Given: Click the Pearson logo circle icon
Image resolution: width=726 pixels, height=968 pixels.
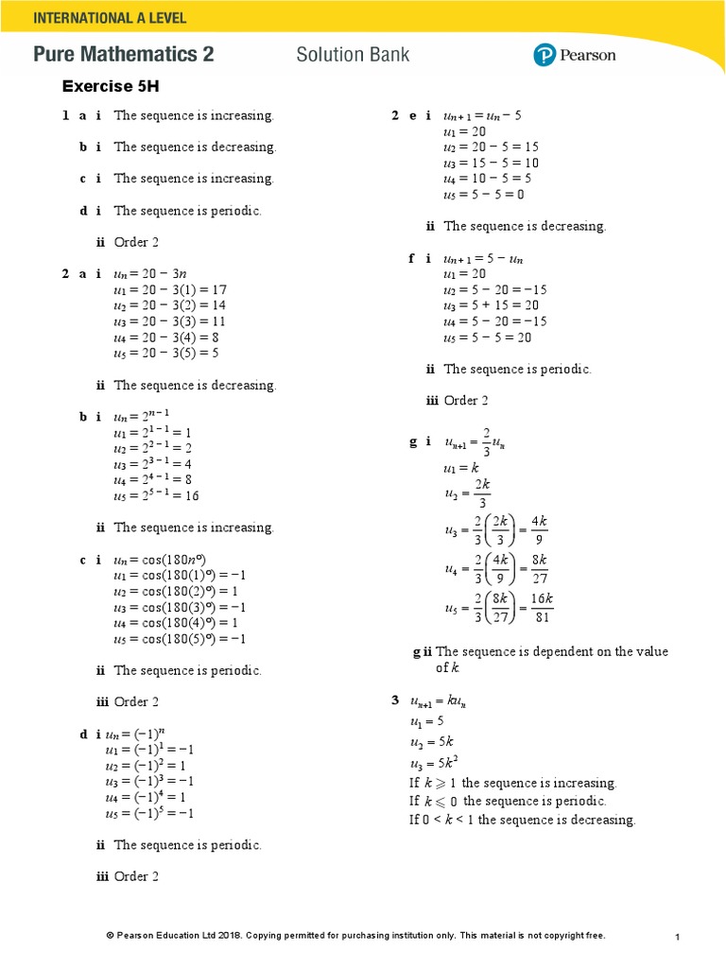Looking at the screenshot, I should tap(544, 55).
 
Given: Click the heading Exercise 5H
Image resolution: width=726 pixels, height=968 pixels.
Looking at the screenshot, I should tap(111, 86).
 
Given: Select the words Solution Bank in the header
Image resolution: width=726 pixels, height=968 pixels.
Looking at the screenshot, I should tap(353, 55).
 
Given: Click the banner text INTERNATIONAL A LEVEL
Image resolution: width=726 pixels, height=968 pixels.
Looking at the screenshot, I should tap(110, 18).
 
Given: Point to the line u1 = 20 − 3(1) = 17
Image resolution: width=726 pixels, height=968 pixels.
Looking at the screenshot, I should tap(169, 289).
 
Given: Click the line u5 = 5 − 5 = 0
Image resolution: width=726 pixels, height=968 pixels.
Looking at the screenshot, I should tap(483, 195).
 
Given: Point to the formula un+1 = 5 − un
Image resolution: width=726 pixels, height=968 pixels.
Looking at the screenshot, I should tap(482, 258).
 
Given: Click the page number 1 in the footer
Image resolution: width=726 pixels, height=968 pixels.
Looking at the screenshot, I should tap(678, 937).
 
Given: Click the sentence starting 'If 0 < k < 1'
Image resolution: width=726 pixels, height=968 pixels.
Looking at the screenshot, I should tap(522, 820).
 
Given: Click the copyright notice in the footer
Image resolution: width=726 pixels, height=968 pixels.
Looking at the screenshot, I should tap(355, 936).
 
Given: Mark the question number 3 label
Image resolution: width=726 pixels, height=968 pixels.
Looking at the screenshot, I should tap(395, 700).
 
